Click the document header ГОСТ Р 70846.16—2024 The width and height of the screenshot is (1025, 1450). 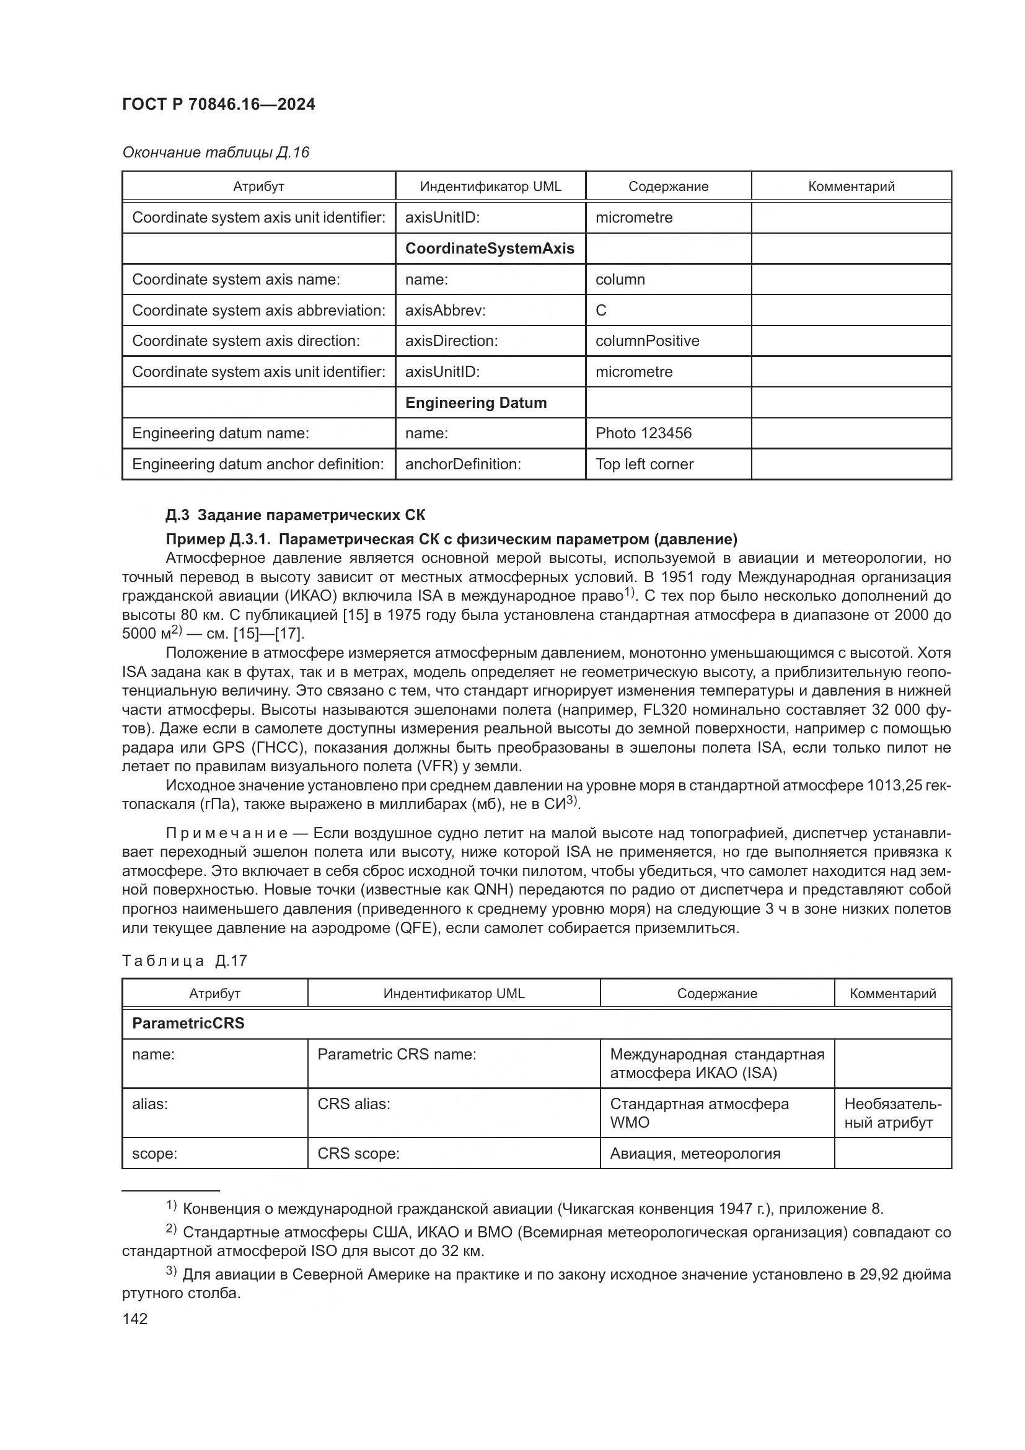pyautogui.click(x=218, y=105)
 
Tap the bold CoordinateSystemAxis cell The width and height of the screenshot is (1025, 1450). pyautogui.click(x=489, y=248)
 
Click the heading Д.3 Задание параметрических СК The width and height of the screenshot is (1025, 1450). pyautogui.click(x=295, y=515)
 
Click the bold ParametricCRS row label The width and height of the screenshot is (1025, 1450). pyautogui.click(x=188, y=1023)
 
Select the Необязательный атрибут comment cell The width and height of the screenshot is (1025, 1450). pyautogui.click(x=892, y=1113)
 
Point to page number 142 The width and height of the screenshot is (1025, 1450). pyautogui.click(x=134, y=1319)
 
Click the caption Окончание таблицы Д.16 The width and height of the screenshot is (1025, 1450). pyautogui.click(x=215, y=153)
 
